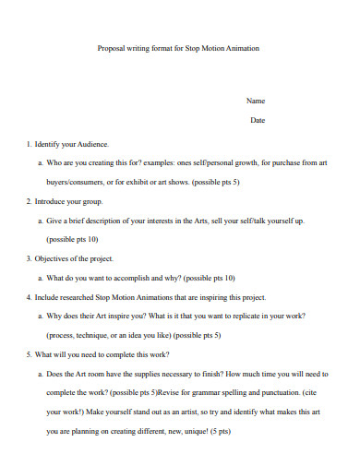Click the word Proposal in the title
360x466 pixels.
[111, 48]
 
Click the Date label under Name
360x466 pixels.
[258, 120]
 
